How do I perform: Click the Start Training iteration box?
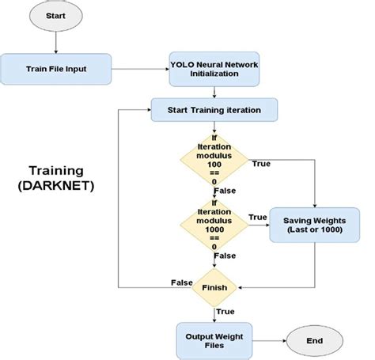tap(214, 109)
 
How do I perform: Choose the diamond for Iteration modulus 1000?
tap(214, 224)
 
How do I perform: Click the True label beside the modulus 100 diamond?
tap(261, 164)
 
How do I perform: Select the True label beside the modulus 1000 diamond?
tap(257, 217)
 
